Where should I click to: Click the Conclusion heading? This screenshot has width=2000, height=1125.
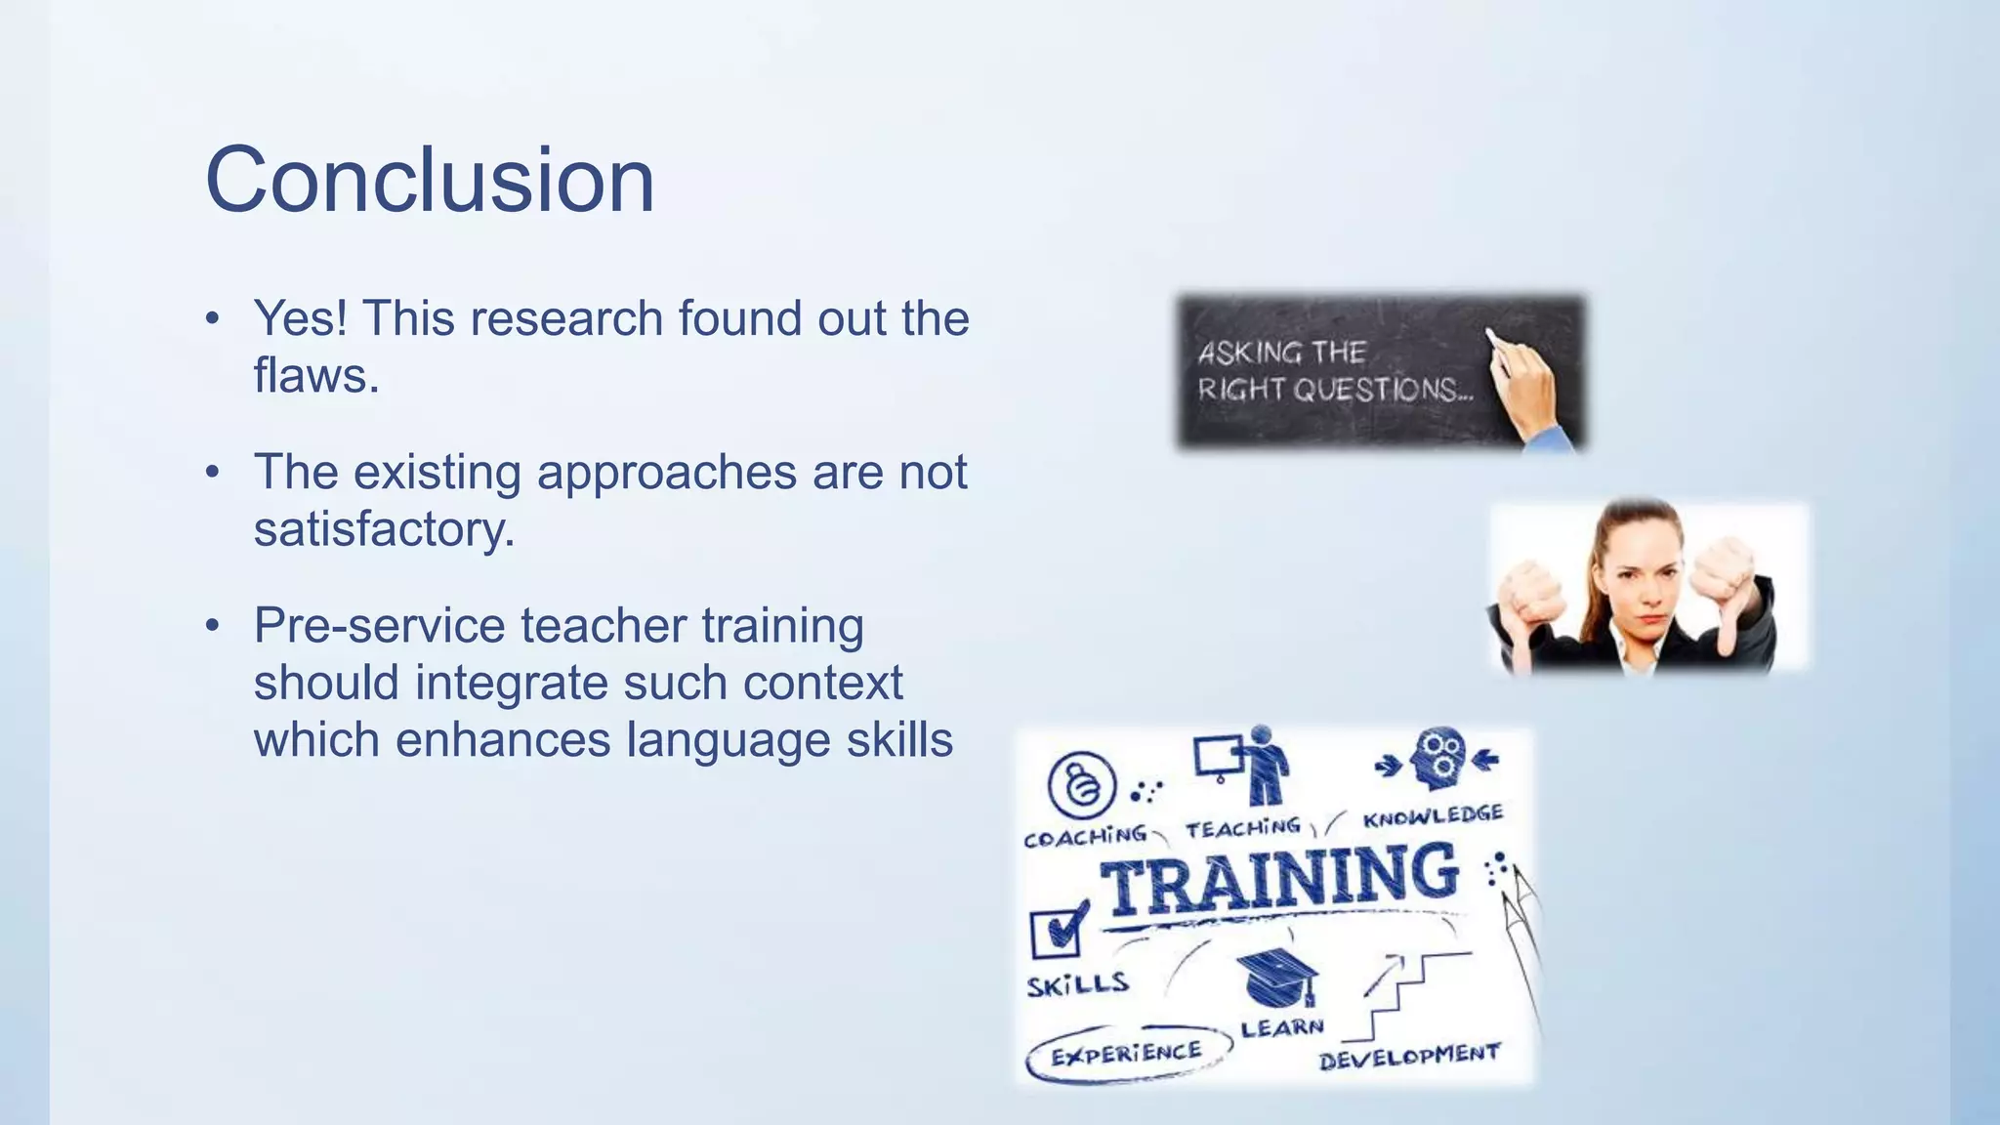[x=430, y=180]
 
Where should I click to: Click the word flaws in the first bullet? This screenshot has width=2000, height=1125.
[x=315, y=375]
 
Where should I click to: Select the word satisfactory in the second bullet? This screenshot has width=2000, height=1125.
[x=383, y=529]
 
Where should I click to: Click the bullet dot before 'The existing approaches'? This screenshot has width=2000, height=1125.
[x=213, y=474]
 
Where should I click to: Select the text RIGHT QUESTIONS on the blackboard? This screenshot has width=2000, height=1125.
[x=1334, y=390]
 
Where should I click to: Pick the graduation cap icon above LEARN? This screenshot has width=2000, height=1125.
[x=1277, y=978]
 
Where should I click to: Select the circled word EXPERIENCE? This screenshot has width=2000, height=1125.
[x=1126, y=1054]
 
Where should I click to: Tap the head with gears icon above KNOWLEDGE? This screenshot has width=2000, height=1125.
[x=1438, y=758]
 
